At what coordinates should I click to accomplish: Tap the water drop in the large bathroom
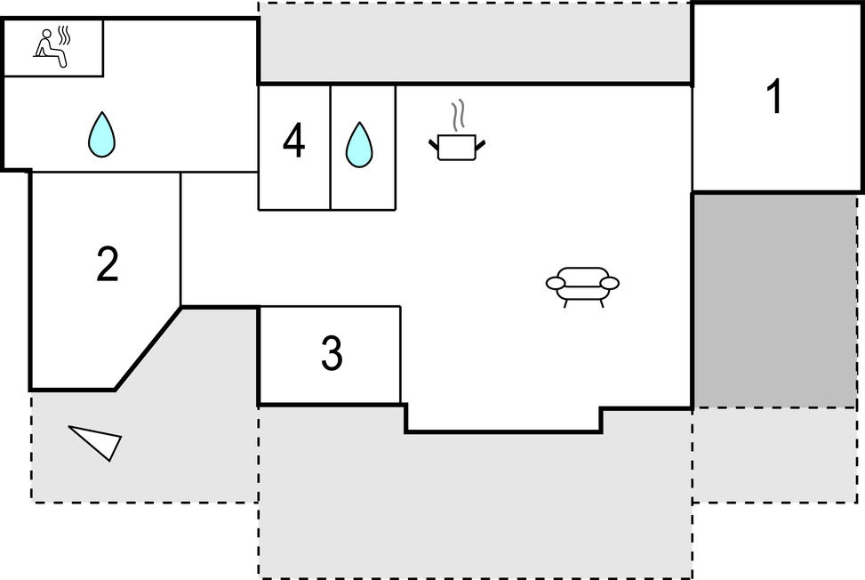102,134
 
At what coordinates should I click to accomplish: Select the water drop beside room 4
359,145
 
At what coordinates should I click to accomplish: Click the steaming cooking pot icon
457,132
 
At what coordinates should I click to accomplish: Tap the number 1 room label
775,96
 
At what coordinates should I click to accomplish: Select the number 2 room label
107,264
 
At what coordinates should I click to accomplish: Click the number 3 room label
332,352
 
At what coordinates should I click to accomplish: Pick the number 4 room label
293,141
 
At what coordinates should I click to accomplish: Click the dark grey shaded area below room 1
774,300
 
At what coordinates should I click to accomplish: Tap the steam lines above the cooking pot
458,115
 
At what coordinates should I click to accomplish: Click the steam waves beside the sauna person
65,35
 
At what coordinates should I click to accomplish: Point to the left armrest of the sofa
556,283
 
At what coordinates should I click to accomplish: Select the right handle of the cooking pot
480,145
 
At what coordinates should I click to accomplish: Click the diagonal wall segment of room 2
148,348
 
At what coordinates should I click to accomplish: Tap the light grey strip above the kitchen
475,42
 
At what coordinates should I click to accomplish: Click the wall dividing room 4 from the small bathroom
330,148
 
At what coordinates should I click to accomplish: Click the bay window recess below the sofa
503,418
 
